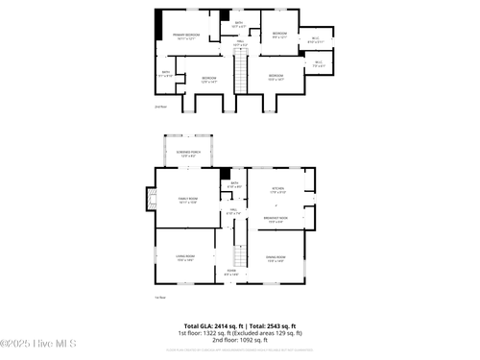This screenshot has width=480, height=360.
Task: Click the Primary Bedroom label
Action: point(186,36)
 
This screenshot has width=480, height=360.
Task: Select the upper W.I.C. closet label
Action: point(315,40)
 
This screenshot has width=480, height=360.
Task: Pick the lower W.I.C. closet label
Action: point(319,64)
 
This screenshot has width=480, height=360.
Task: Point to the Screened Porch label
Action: point(188,154)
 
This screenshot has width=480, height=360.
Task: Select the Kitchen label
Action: point(278,190)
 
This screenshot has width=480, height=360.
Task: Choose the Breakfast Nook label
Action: point(277,220)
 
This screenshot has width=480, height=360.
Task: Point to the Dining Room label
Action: point(276,258)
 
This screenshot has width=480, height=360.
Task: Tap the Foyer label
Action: point(231,273)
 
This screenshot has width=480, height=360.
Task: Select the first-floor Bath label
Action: point(234,184)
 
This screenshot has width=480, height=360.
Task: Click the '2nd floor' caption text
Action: point(160,108)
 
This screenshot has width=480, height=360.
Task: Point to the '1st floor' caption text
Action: point(160,298)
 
